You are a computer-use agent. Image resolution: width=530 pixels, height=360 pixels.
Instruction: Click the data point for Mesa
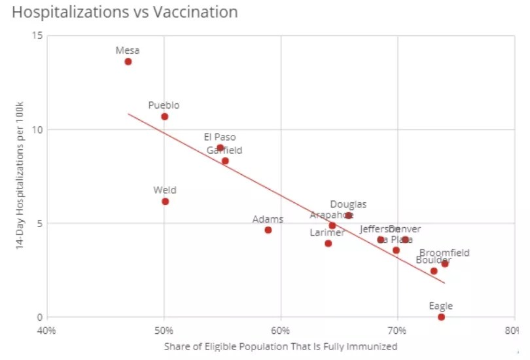[x=128, y=62]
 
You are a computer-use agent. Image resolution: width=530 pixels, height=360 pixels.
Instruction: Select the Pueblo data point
[x=164, y=117]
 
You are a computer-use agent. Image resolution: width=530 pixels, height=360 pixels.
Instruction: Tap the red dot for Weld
[x=165, y=202]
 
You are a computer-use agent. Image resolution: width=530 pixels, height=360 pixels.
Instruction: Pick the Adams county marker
[x=268, y=230]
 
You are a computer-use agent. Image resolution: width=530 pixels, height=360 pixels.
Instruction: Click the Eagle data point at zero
[x=441, y=317]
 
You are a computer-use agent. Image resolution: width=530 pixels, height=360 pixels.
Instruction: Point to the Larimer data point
[x=328, y=243]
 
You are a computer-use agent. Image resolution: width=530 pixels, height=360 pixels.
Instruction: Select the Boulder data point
[x=434, y=271]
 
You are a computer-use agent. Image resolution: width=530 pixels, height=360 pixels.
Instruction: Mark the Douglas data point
[x=349, y=215]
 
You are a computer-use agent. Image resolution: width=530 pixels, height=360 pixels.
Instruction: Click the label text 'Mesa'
[x=128, y=50]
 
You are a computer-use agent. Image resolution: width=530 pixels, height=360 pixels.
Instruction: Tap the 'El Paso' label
[x=220, y=137]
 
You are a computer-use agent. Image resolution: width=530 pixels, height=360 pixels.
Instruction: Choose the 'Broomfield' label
[x=444, y=253]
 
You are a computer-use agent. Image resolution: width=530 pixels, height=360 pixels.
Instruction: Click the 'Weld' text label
[x=165, y=190]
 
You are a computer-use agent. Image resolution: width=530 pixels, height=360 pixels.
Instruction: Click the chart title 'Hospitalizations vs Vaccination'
[x=125, y=12]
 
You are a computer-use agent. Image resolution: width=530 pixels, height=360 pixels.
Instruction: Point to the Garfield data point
[x=225, y=161]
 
